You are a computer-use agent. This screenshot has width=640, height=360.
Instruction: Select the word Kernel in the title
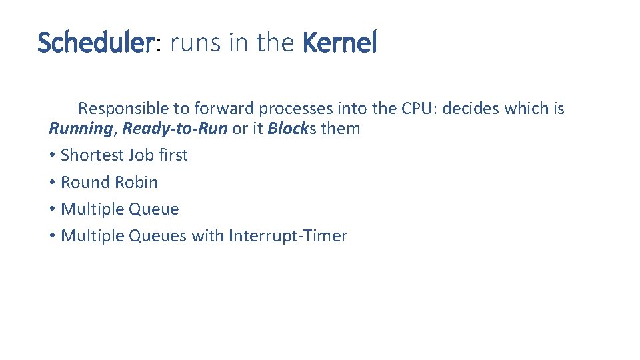339,43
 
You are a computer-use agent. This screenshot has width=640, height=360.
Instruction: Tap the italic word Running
80,129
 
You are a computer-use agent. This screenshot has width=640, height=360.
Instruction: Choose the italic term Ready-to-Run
175,129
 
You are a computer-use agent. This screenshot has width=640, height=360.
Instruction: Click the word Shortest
89,155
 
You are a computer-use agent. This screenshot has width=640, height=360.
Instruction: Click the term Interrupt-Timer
287,236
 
